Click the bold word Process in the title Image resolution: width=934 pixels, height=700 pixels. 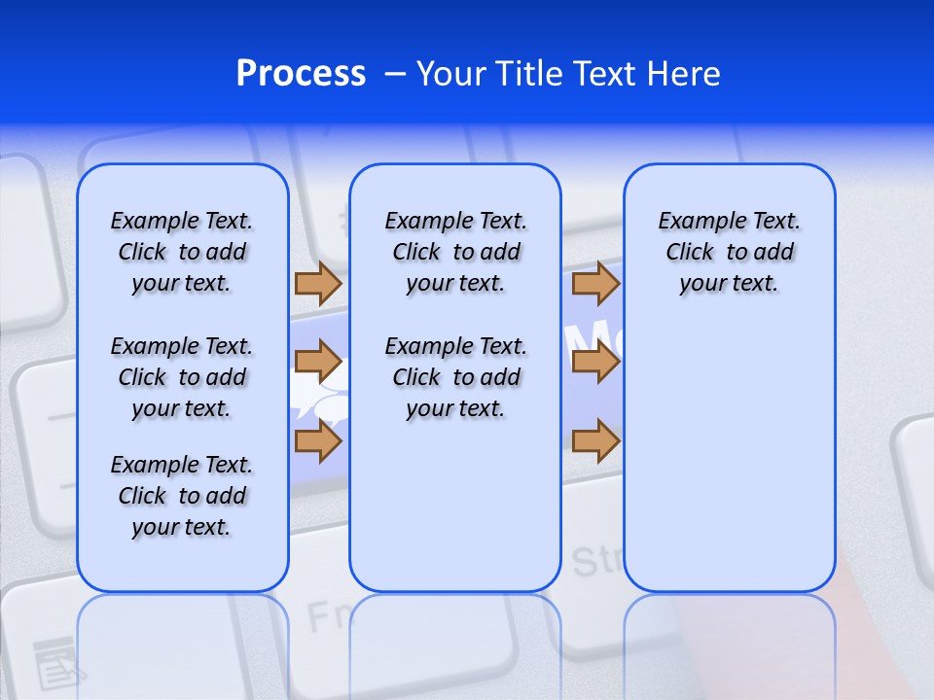tap(301, 74)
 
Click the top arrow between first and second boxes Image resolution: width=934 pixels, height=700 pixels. tap(317, 284)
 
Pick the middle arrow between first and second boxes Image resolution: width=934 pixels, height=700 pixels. tap(317, 363)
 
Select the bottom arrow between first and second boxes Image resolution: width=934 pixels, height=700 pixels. tap(317, 442)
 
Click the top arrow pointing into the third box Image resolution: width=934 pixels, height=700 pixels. tap(595, 284)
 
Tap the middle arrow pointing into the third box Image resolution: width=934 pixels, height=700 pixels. tap(595, 363)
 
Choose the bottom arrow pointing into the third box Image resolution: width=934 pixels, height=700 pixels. tap(595, 442)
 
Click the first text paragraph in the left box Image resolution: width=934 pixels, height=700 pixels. tap(182, 252)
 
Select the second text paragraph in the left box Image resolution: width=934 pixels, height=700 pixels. tap(182, 377)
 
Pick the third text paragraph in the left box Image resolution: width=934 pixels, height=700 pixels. tap(182, 496)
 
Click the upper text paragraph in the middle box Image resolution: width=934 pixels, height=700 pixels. tap(455, 252)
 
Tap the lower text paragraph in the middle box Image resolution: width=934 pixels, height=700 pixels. tap(455, 377)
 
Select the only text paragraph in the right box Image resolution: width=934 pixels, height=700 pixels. tap(729, 252)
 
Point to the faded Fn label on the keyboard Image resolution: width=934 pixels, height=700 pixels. tap(327, 615)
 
